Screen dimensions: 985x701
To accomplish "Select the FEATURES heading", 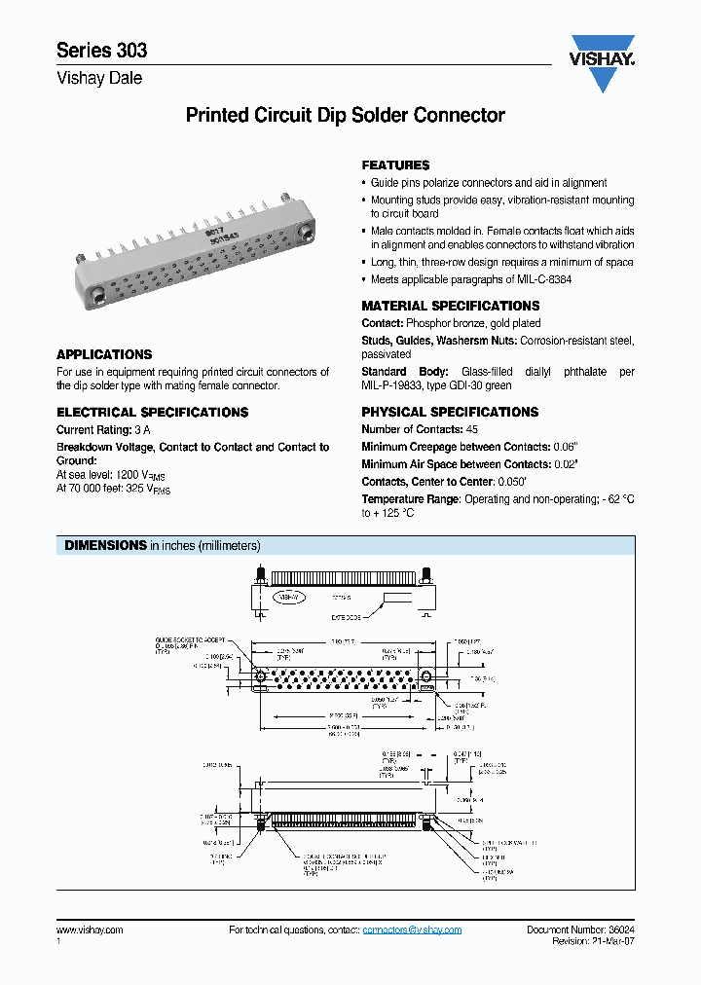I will coord(395,165).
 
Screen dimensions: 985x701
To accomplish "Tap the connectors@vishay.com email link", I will coord(412,930).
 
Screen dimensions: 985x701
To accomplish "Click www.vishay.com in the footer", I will coord(90,930).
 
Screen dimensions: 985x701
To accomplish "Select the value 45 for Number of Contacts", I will coord(472,429).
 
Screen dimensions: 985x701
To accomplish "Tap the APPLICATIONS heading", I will coord(104,355).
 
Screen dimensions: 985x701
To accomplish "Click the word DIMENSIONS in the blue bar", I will coord(105,546).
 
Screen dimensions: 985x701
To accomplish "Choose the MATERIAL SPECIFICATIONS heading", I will coord(450,306).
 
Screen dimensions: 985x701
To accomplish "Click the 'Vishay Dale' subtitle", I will coord(99,78).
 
